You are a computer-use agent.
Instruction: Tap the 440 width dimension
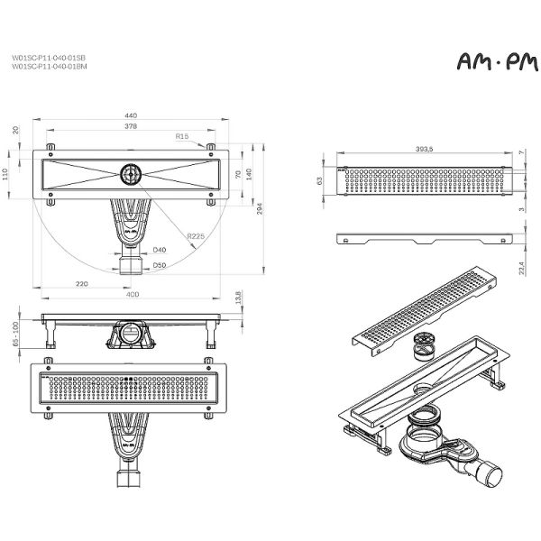pyautogui.click(x=131, y=116)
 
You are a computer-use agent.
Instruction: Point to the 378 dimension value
pyautogui.click(x=131, y=128)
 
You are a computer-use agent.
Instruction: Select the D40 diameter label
pyautogui.click(x=159, y=250)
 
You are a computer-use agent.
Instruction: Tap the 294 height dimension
pyautogui.click(x=261, y=208)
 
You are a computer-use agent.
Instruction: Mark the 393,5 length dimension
pyautogui.click(x=426, y=148)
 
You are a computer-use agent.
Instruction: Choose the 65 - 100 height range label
pyautogui.click(x=16, y=333)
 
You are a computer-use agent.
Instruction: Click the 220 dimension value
pyautogui.click(x=80, y=283)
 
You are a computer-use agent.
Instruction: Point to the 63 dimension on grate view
pyautogui.click(x=320, y=180)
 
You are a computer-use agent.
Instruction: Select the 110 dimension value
pyautogui.click(x=6, y=174)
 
